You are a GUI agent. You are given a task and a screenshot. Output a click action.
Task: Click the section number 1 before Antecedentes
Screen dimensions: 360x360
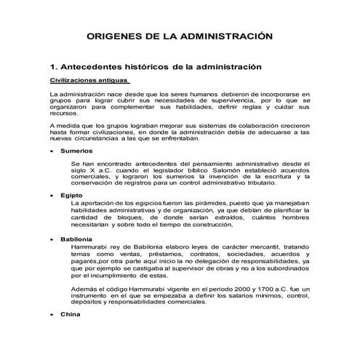(x=52, y=67)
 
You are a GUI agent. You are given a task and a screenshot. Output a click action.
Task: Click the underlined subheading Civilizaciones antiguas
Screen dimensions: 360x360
(x=89, y=81)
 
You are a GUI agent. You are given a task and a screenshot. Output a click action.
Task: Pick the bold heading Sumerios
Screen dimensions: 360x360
(x=76, y=151)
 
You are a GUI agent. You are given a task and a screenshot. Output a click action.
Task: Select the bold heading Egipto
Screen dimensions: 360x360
(x=71, y=196)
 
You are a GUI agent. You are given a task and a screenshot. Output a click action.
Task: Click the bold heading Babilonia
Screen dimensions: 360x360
(x=76, y=239)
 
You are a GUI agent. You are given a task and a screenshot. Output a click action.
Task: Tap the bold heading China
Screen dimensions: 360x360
(x=71, y=315)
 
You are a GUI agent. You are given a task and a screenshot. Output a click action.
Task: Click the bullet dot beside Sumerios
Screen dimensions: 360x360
(x=52, y=151)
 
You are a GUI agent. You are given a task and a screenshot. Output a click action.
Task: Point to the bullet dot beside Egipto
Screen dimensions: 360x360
(x=52, y=196)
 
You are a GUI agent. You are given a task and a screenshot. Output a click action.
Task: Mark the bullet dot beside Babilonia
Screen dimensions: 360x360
(x=52, y=240)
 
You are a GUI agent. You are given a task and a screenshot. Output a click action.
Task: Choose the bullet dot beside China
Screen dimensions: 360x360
(x=52, y=316)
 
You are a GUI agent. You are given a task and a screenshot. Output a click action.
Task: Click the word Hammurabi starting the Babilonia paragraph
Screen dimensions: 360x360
(x=89, y=247)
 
